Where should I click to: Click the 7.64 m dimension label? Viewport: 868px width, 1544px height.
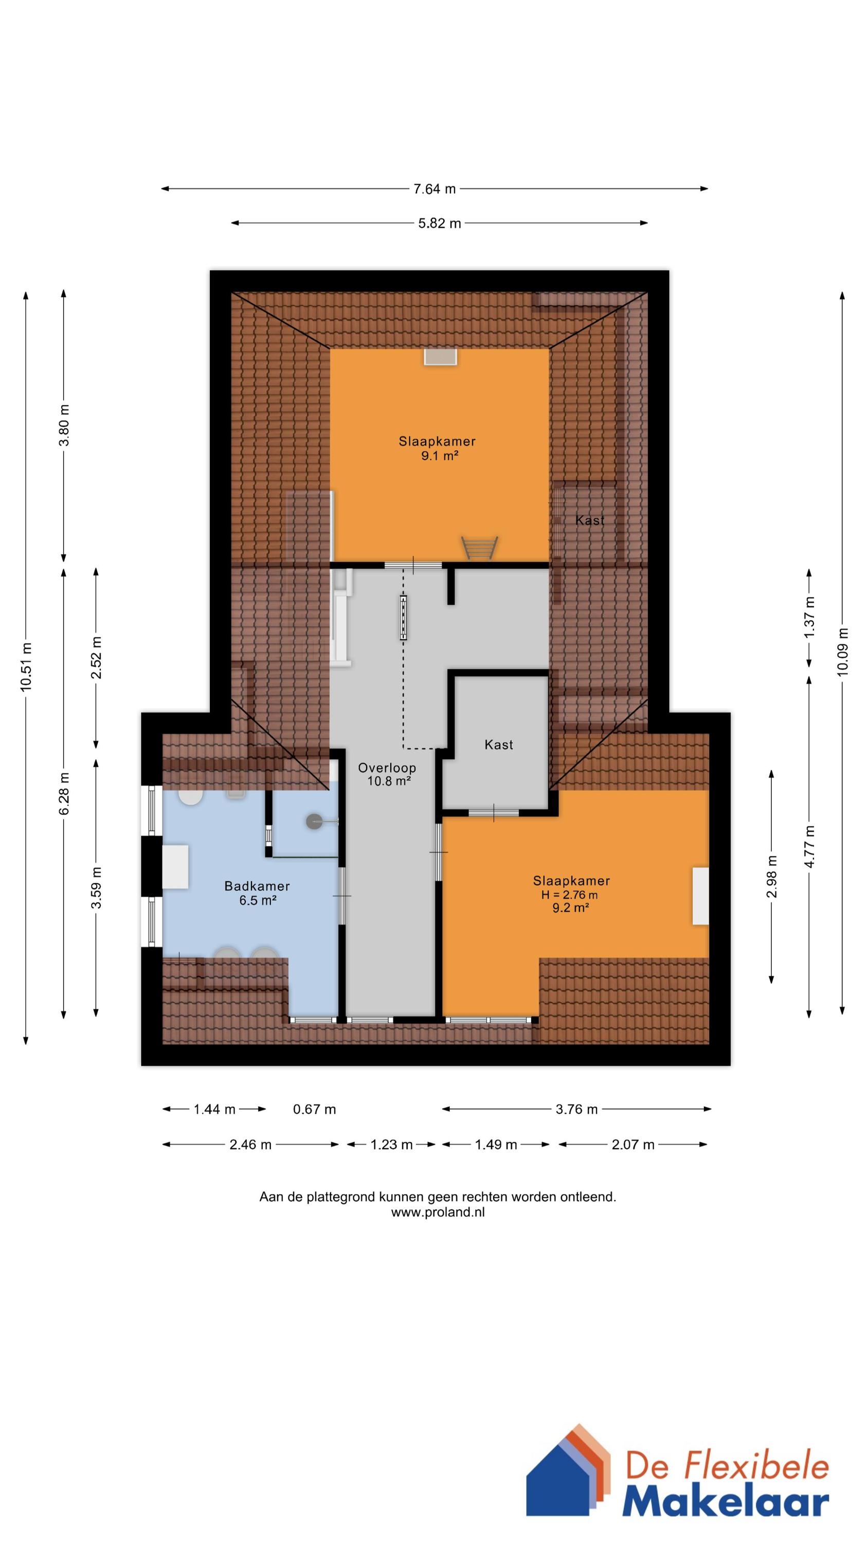point(435,189)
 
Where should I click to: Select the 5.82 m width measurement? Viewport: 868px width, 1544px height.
point(440,223)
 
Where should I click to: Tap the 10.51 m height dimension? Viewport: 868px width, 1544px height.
point(26,666)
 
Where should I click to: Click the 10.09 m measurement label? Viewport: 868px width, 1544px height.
point(843,652)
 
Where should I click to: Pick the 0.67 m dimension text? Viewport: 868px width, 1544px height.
point(315,1110)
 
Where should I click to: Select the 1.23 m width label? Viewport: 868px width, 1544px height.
point(391,1145)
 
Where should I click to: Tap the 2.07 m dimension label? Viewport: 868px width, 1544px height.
point(632,1145)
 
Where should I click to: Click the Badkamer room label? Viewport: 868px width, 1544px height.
point(257,886)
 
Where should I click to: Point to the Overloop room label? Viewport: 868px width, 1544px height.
point(387,768)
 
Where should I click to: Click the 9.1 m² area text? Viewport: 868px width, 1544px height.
point(440,456)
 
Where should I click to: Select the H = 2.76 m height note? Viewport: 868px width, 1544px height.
point(569,895)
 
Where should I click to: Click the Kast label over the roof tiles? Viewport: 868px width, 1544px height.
point(590,520)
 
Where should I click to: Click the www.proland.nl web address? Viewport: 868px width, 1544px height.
point(438,1213)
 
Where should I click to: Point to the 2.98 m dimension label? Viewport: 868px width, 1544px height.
point(771,877)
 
